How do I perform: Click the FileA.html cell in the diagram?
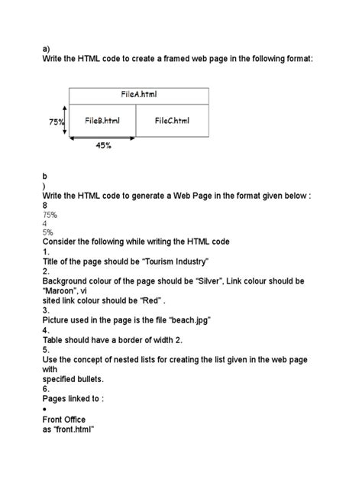[x=139, y=95]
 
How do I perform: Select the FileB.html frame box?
[x=102, y=121]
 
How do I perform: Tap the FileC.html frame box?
[x=172, y=121]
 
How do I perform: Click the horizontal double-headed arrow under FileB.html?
[x=102, y=138]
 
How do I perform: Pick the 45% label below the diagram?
[x=104, y=147]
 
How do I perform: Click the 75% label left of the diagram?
[x=55, y=122]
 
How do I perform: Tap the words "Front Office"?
[x=64, y=419]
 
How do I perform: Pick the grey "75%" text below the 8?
[x=50, y=215]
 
